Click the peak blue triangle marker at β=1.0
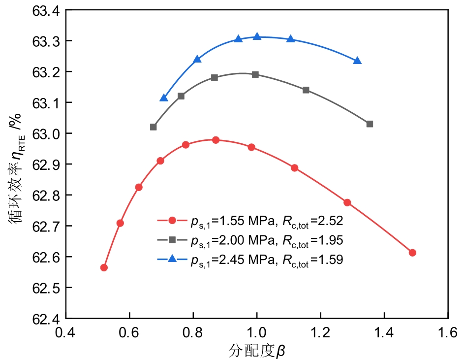[x=257, y=37]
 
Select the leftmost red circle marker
[x=104, y=267]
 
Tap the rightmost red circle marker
[x=412, y=253]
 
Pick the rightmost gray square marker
[x=370, y=124]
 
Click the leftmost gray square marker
[x=154, y=127]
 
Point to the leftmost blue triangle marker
[x=164, y=98]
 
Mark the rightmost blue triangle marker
[x=357, y=61]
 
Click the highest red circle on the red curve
[x=216, y=140]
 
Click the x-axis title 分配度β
[x=257, y=351]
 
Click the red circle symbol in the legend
[x=172, y=221]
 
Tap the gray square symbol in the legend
[x=172, y=240]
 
